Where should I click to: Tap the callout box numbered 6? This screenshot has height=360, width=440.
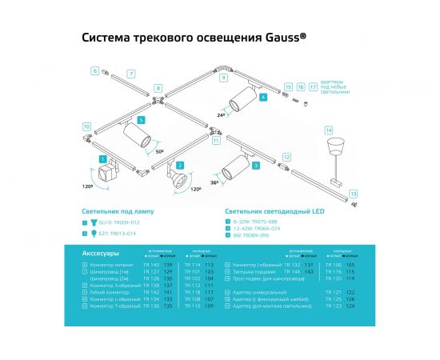pos(94,71)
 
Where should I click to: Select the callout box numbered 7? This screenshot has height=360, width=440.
pos(131,74)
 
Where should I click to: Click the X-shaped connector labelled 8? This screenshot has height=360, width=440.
pos(158,101)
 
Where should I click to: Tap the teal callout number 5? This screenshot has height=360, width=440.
pos(141,120)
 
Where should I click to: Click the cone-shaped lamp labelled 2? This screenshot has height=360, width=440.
pos(174,178)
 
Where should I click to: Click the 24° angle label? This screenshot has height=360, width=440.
pos(222,114)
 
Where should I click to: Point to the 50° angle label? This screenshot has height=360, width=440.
pos(160,150)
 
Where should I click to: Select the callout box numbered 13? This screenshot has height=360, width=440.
pos(353,193)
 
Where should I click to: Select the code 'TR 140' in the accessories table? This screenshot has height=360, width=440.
pos(150,264)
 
